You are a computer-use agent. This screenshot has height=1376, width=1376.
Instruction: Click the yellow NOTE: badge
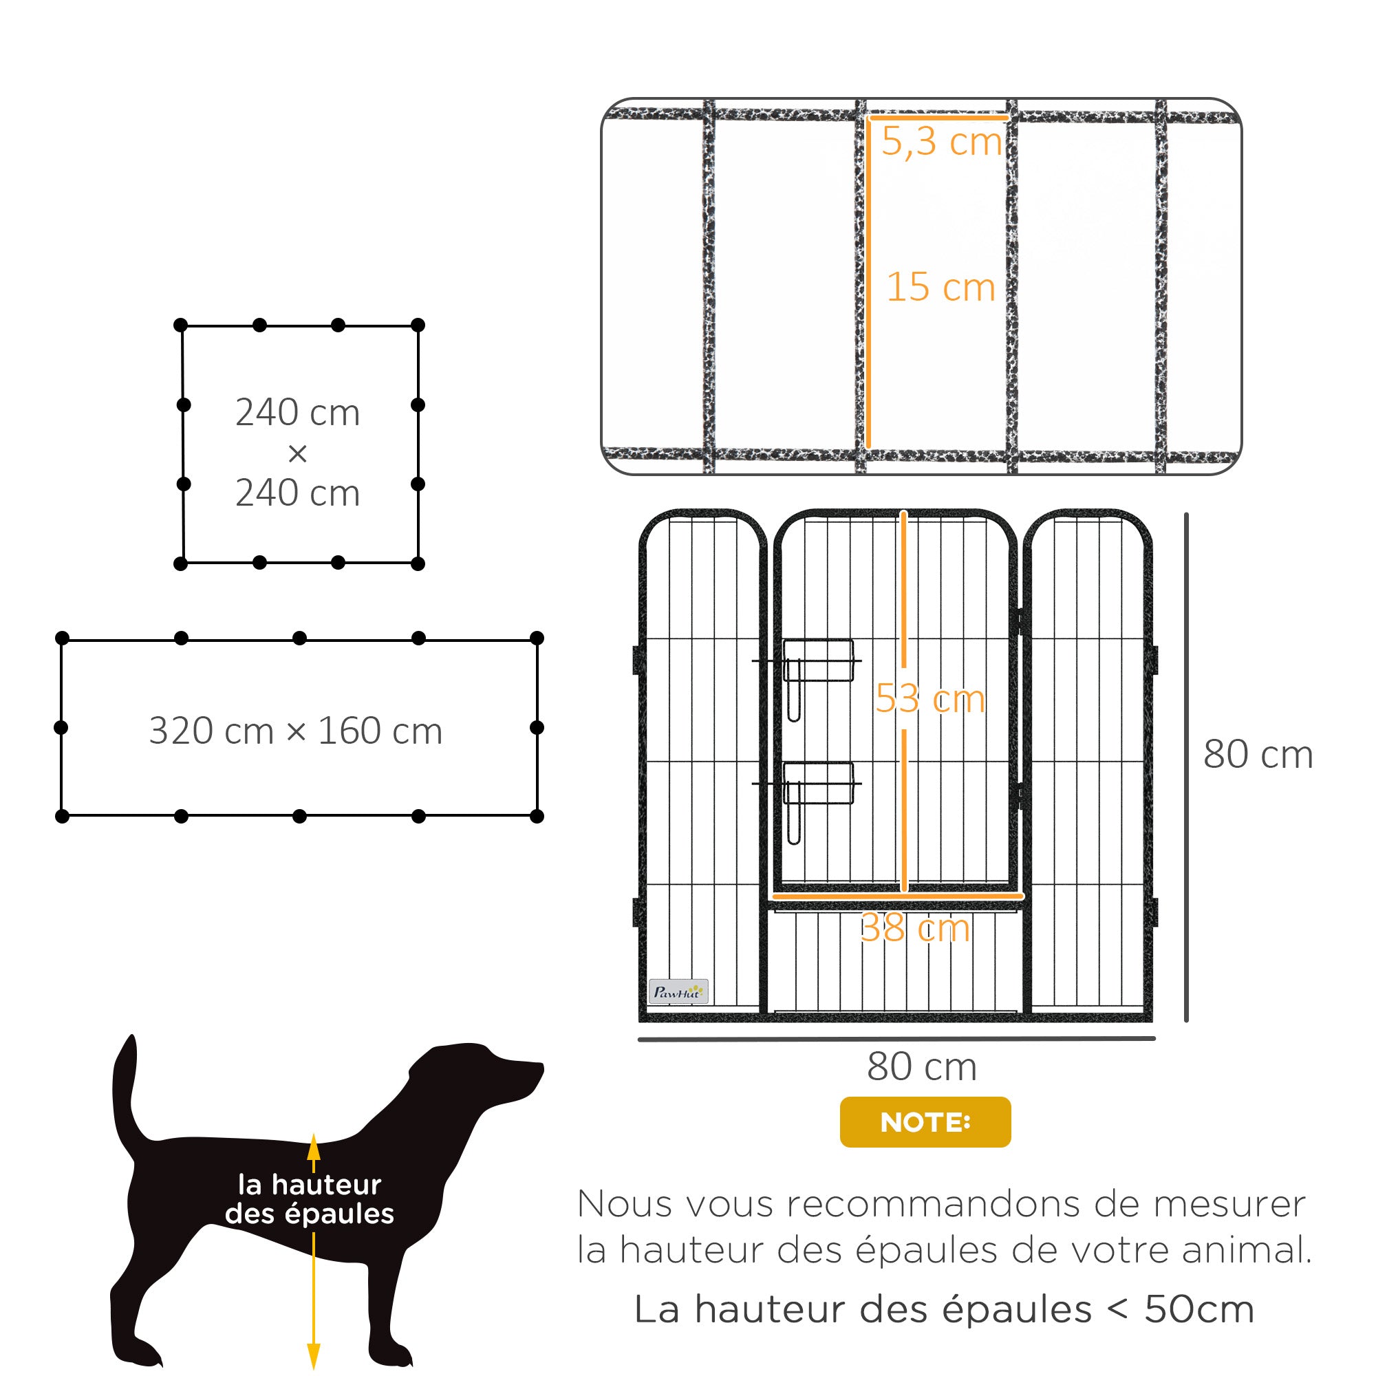(x=925, y=1121)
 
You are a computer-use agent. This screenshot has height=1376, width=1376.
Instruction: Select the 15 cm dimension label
(x=940, y=287)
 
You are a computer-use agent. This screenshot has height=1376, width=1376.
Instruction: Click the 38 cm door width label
(x=914, y=928)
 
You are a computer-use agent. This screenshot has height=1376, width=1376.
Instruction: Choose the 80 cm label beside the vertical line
(x=1258, y=754)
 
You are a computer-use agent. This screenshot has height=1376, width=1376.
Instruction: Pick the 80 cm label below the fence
(x=922, y=1066)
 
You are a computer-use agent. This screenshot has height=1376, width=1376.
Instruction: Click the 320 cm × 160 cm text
(x=296, y=731)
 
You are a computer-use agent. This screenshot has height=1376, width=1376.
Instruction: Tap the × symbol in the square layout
(x=298, y=453)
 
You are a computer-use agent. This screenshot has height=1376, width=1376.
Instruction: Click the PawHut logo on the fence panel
(x=678, y=991)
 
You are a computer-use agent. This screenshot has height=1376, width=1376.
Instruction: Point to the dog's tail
(x=125, y=1090)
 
